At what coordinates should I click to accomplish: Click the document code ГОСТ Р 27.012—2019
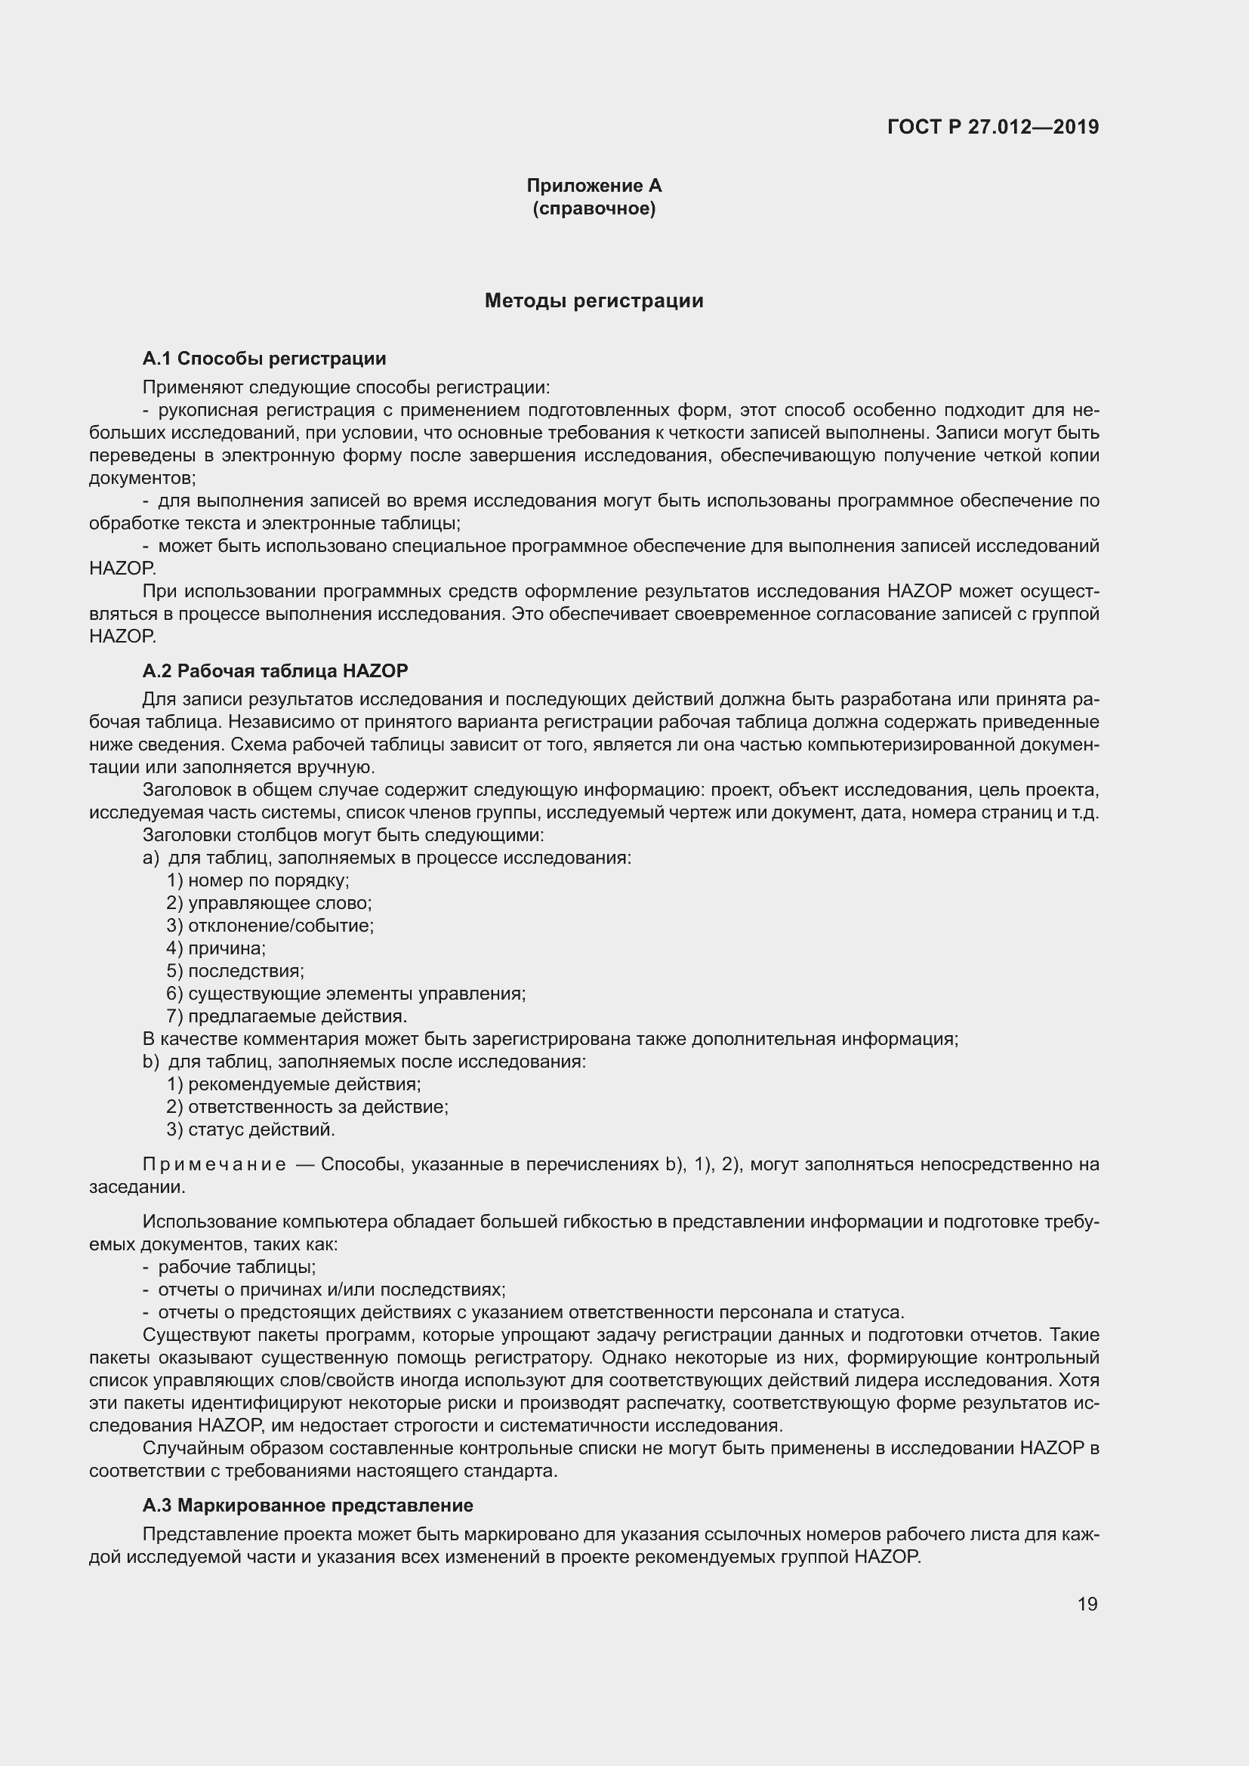click(x=993, y=127)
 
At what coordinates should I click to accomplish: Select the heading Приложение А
click(x=594, y=186)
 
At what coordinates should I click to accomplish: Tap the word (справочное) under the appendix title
click(x=594, y=208)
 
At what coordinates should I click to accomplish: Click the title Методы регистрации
click(x=594, y=300)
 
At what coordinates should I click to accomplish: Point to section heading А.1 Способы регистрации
click(x=264, y=359)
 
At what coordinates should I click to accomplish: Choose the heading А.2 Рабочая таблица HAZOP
click(x=275, y=670)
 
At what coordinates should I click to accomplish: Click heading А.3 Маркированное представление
click(x=307, y=1506)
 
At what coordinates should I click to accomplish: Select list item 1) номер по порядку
click(x=258, y=880)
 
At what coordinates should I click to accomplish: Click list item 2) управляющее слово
click(x=269, y=903)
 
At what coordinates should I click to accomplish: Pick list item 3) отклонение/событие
click(x=270, y=926)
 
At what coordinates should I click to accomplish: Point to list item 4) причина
click(x=216, y=948)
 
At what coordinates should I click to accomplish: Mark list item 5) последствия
click(x=236, y=971)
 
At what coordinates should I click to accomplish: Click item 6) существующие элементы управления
click(x=346, y=994)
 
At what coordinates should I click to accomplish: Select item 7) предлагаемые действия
click(x=286, y=1016)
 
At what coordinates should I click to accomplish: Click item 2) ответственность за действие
click(x=307, y=1107)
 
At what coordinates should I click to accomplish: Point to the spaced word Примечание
click(x=214, y=1164)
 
